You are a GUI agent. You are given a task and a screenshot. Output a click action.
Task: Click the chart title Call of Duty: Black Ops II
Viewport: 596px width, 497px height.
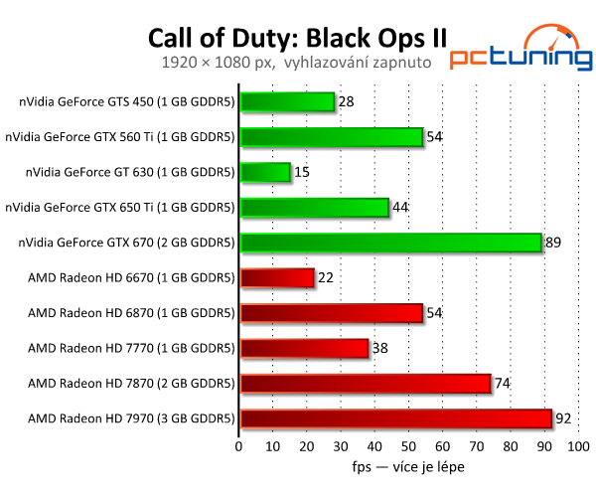click(297, 37)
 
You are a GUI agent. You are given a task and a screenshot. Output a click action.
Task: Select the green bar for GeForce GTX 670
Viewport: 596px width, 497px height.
click(390, 243)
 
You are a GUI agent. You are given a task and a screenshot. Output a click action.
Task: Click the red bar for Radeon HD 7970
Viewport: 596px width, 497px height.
click(395, 418)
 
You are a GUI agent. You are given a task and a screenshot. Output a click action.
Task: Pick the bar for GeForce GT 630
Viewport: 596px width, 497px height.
click(265, 172)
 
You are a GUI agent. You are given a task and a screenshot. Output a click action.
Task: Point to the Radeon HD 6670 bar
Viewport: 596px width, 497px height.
click(277, 277)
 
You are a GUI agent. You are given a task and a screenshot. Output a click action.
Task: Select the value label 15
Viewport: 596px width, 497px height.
click(303, 172)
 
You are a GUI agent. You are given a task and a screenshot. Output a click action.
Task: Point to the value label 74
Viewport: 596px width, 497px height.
click(505, 383)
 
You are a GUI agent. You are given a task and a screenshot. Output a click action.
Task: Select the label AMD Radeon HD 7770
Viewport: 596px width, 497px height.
click(131, 348)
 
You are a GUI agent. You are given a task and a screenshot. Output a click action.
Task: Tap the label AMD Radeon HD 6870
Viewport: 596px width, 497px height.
click(131, 313)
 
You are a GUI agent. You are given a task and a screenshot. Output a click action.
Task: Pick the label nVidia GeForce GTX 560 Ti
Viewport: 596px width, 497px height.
click(119, 137)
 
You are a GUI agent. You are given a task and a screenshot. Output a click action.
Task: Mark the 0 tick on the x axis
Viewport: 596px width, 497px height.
click(239, 446)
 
